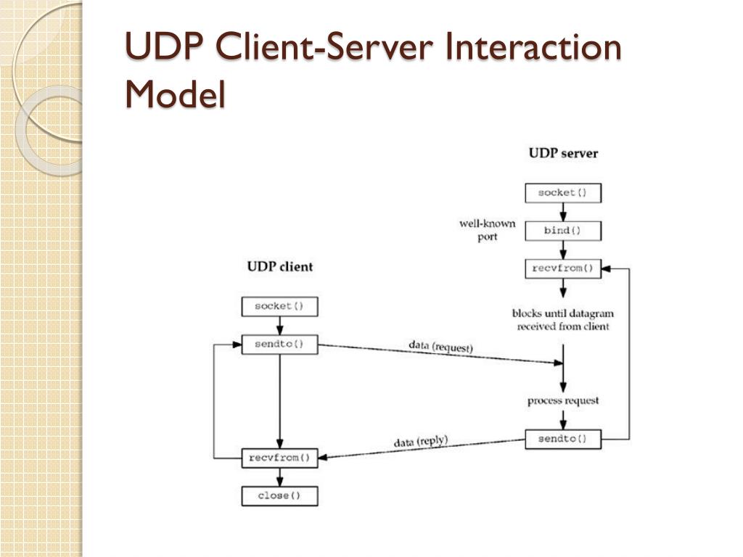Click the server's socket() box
(563, 193)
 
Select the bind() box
(563, 231)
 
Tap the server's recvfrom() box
(563, 268)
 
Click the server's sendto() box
(563, 439)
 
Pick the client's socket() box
(279, 307)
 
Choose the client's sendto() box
(279, 344)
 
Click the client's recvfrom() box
(279, 458)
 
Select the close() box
(279, 496)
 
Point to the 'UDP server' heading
(563, 154)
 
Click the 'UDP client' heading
(280, 267)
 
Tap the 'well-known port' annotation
(487, 230)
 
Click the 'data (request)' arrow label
(440, 346)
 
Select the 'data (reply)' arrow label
(421, 442)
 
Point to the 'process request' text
(563, 400)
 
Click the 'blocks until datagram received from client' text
(563, 320)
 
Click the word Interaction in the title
(533, 47)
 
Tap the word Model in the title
(175, 94)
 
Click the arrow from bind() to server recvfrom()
(563, 249)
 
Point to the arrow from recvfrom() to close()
(279, 477)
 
